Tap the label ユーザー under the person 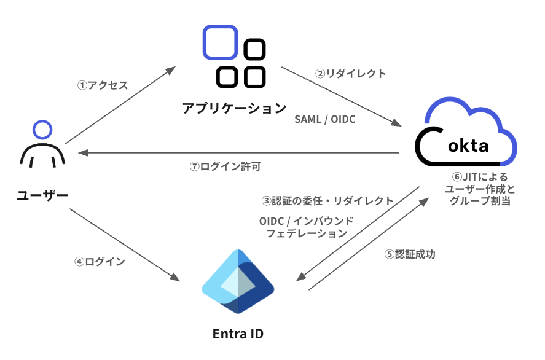click(42, 195)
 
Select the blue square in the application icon click(220, 42)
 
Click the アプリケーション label click(234, 109)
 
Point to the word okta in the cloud click(468, 146)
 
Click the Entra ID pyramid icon click(238, 282)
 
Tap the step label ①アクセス click(102, 85)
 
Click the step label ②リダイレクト click(350, 73)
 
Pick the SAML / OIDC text click(325, 119)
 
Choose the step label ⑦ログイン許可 click(229, 166)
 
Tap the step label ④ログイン click(100, 261)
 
